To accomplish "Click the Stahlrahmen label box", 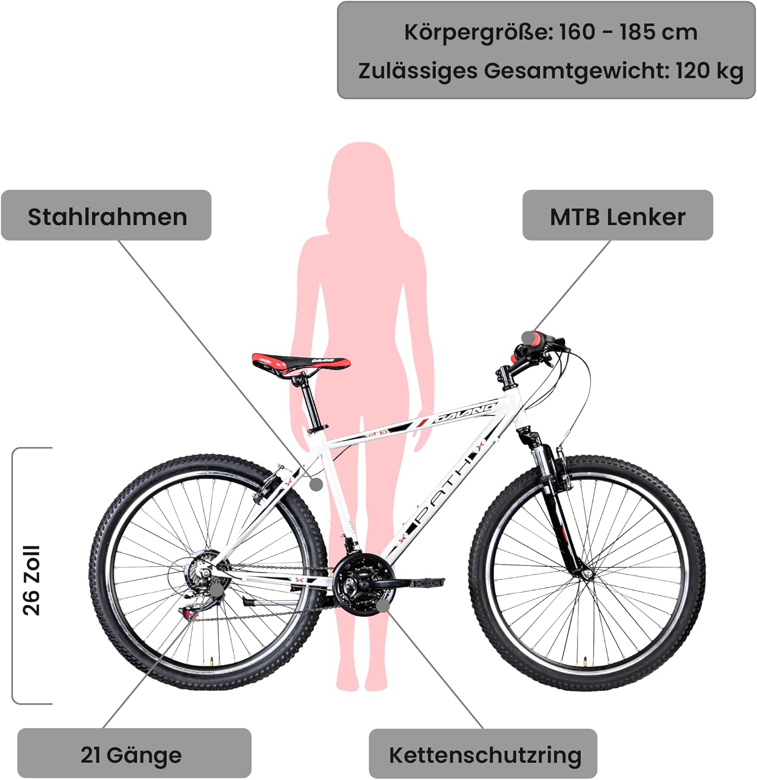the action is click(107, 216).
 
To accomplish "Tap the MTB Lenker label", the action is click(617, 216).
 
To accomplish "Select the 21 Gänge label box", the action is click(134, 754).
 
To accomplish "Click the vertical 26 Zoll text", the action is click(32, 580).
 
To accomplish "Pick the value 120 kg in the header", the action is click(709, 70).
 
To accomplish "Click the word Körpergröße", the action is click(477, 32).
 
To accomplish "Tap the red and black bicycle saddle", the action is click(301, 362).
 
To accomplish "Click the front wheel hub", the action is click(588, 573).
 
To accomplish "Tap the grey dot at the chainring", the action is click(383, 605).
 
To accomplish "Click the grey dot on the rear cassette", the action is click(216, 590).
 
